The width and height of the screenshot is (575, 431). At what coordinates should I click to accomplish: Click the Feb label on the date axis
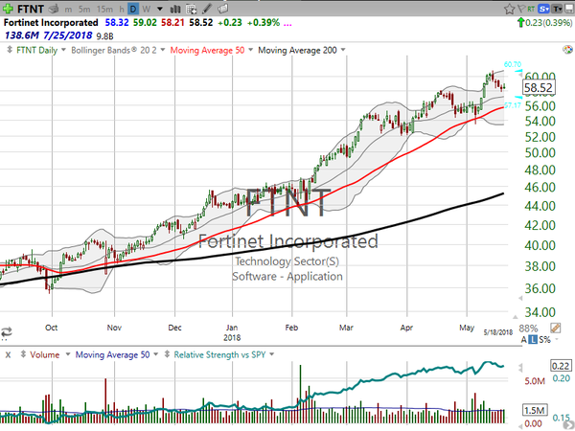click(291, 327)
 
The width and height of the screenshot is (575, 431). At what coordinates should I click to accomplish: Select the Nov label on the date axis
click(113, 327)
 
